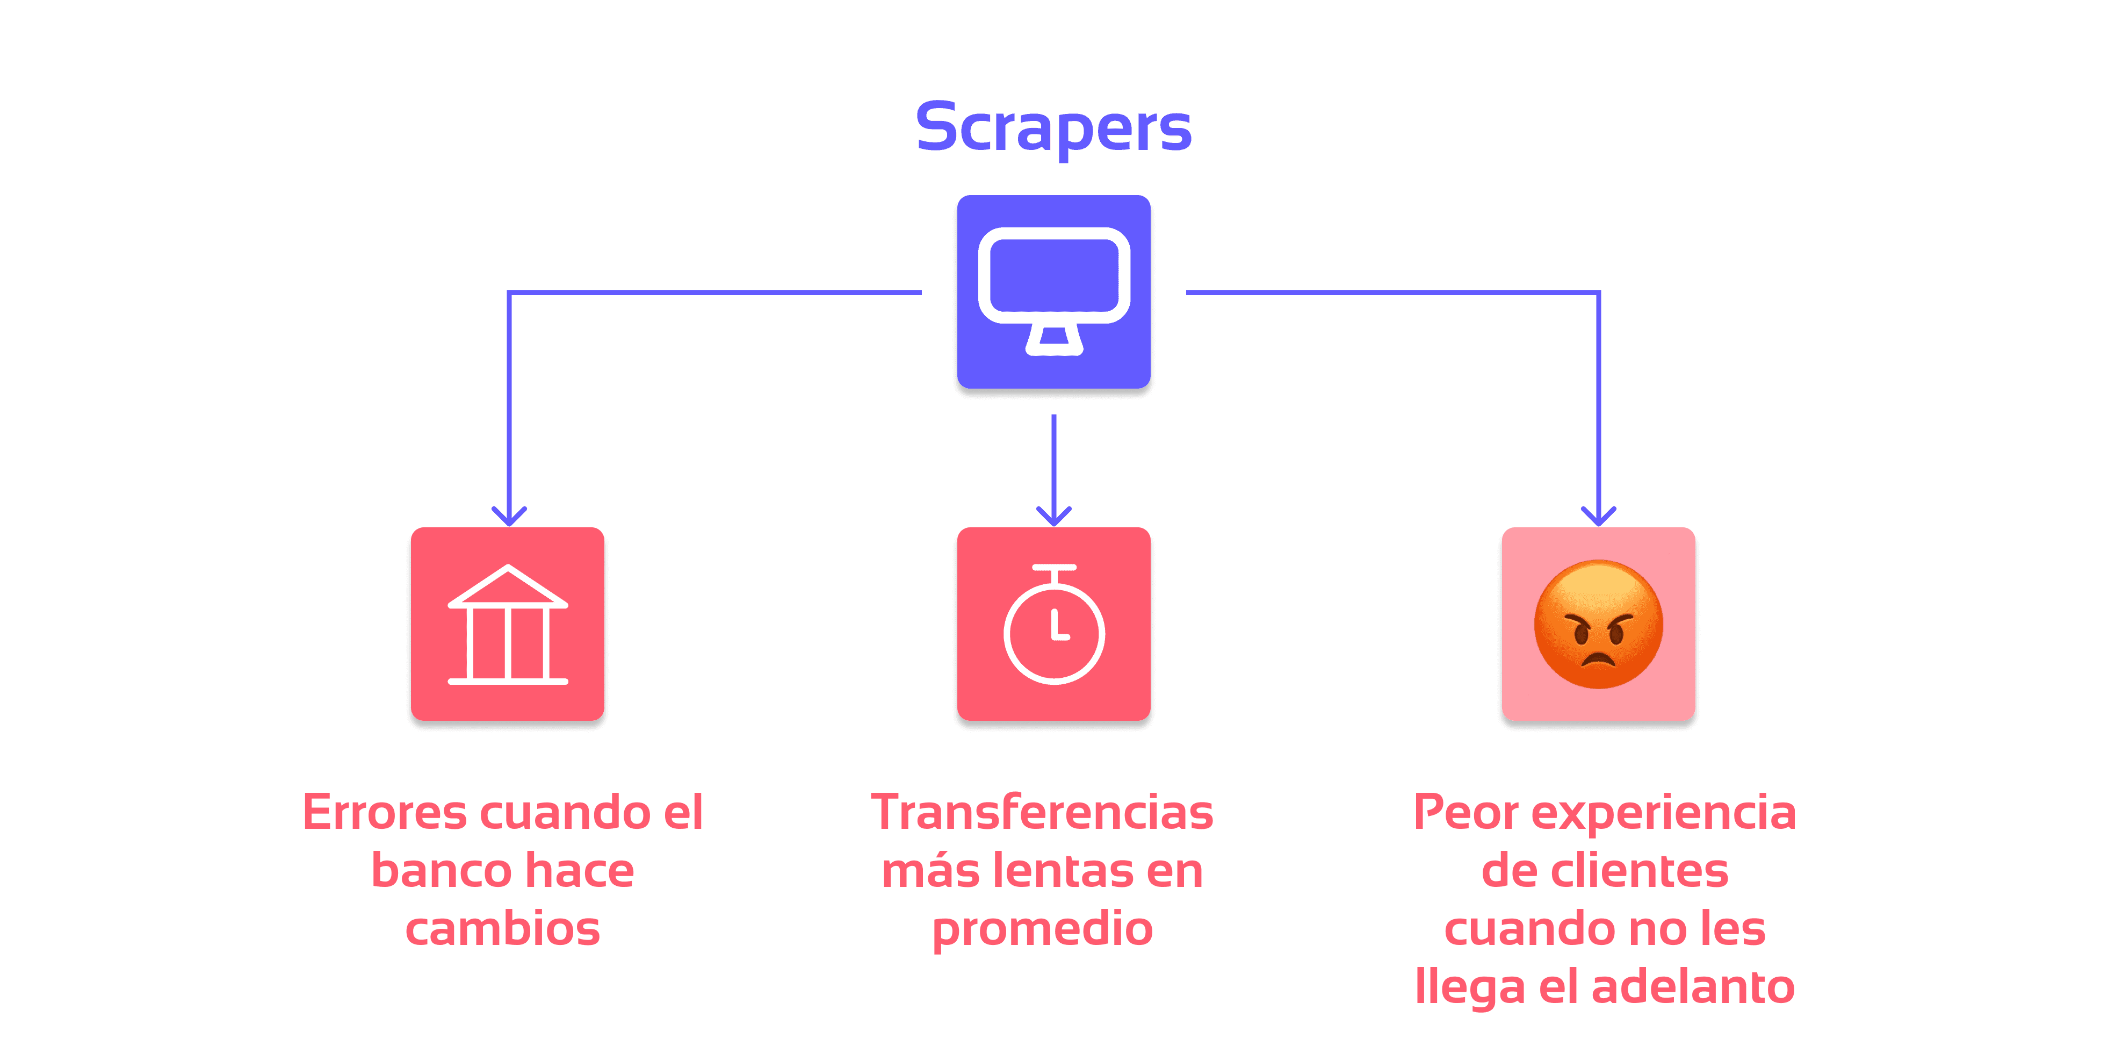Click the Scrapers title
[1053, 128]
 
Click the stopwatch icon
[1054, 624]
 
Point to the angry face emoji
[1598, 624]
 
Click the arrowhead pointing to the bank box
[509, 516]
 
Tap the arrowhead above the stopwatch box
[1054, 516]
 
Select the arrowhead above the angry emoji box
[1598, 516]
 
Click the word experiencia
[1663, 814]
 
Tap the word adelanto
[1692, 987]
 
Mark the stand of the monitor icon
[1054, 340]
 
